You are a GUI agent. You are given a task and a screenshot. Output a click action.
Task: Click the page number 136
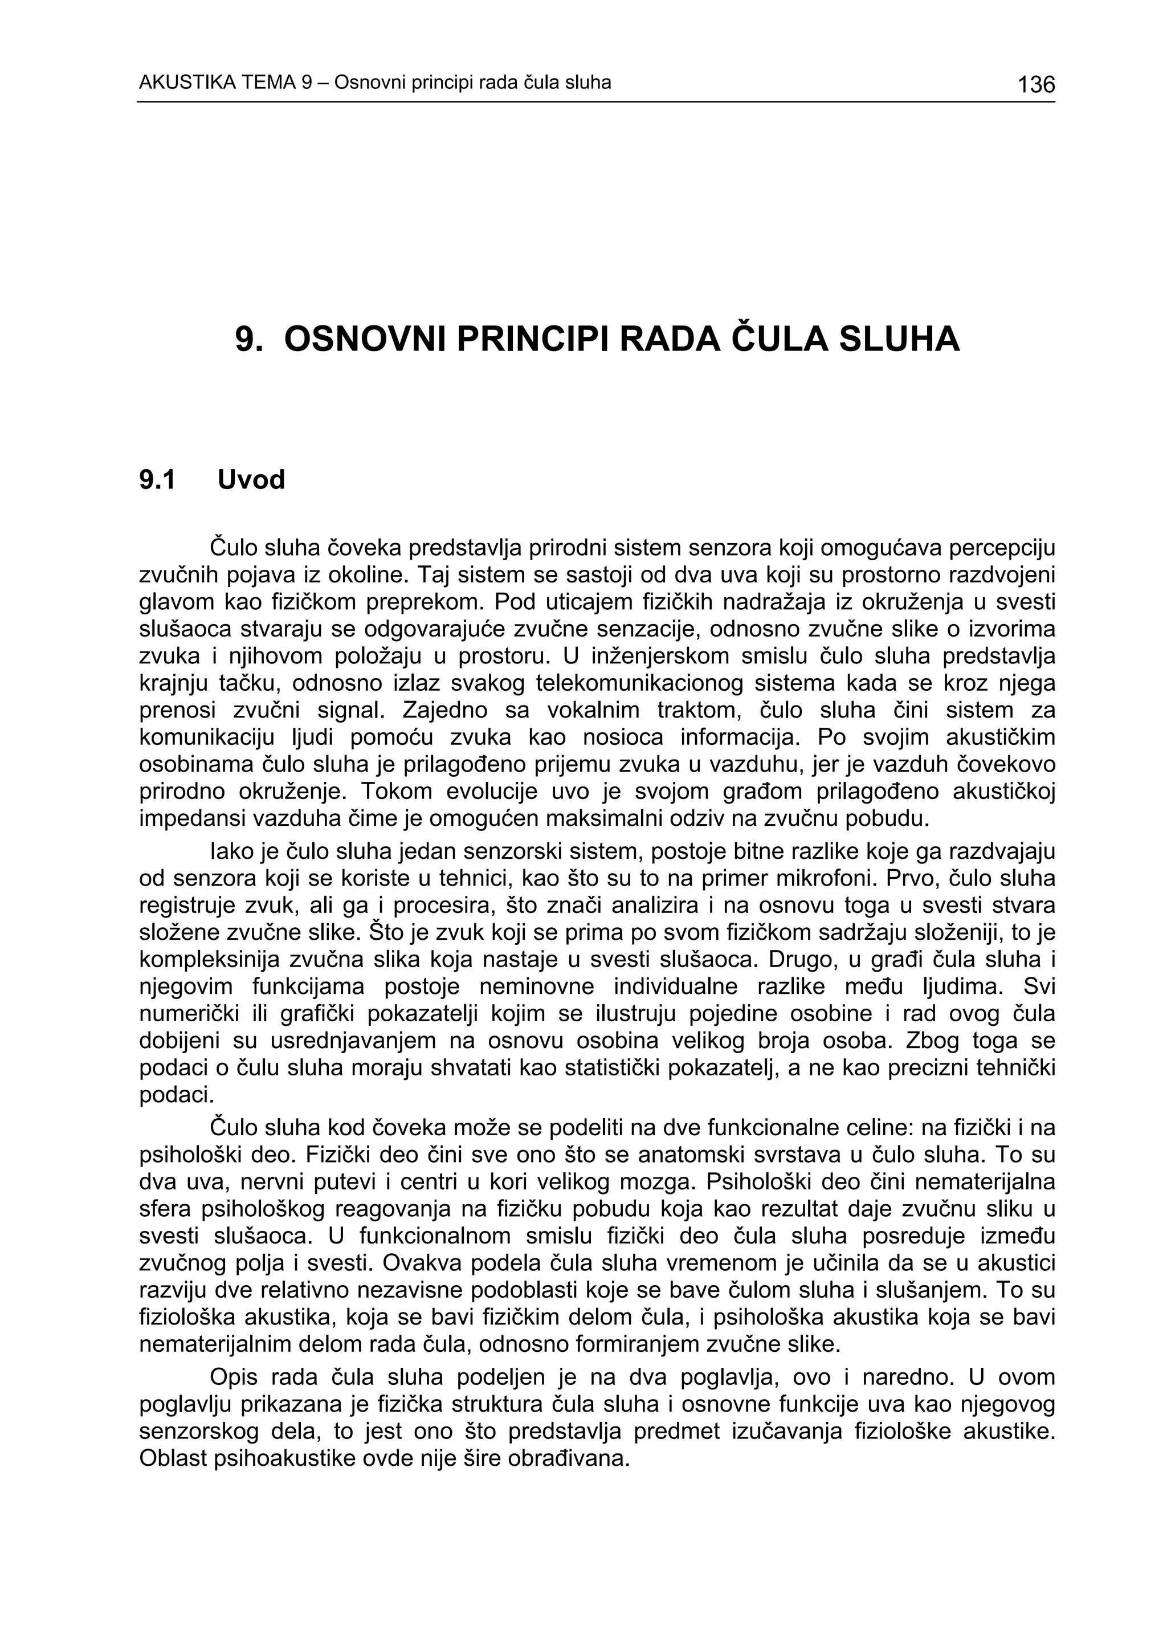coord(1035,85)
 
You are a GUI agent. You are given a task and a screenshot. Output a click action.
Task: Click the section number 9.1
coord(157,480)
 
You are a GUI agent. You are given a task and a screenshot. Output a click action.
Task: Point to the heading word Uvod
coord(251,480)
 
